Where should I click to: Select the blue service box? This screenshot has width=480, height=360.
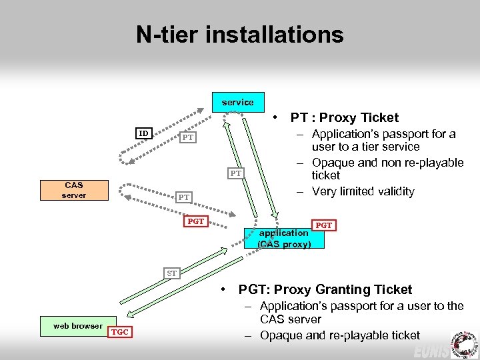238,102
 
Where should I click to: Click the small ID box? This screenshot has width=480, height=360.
143,133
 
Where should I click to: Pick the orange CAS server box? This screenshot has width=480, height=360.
75,189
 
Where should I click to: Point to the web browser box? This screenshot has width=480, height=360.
77,325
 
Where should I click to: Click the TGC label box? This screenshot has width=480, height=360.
121,331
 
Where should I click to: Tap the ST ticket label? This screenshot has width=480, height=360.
172,273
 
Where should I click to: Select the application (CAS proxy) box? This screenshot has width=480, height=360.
284,238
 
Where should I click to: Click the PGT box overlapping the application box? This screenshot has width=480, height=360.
323,225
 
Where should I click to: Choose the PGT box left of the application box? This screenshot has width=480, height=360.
195,221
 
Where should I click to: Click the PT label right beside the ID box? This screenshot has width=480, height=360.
188,137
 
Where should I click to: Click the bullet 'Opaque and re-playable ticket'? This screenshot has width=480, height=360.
340,335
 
